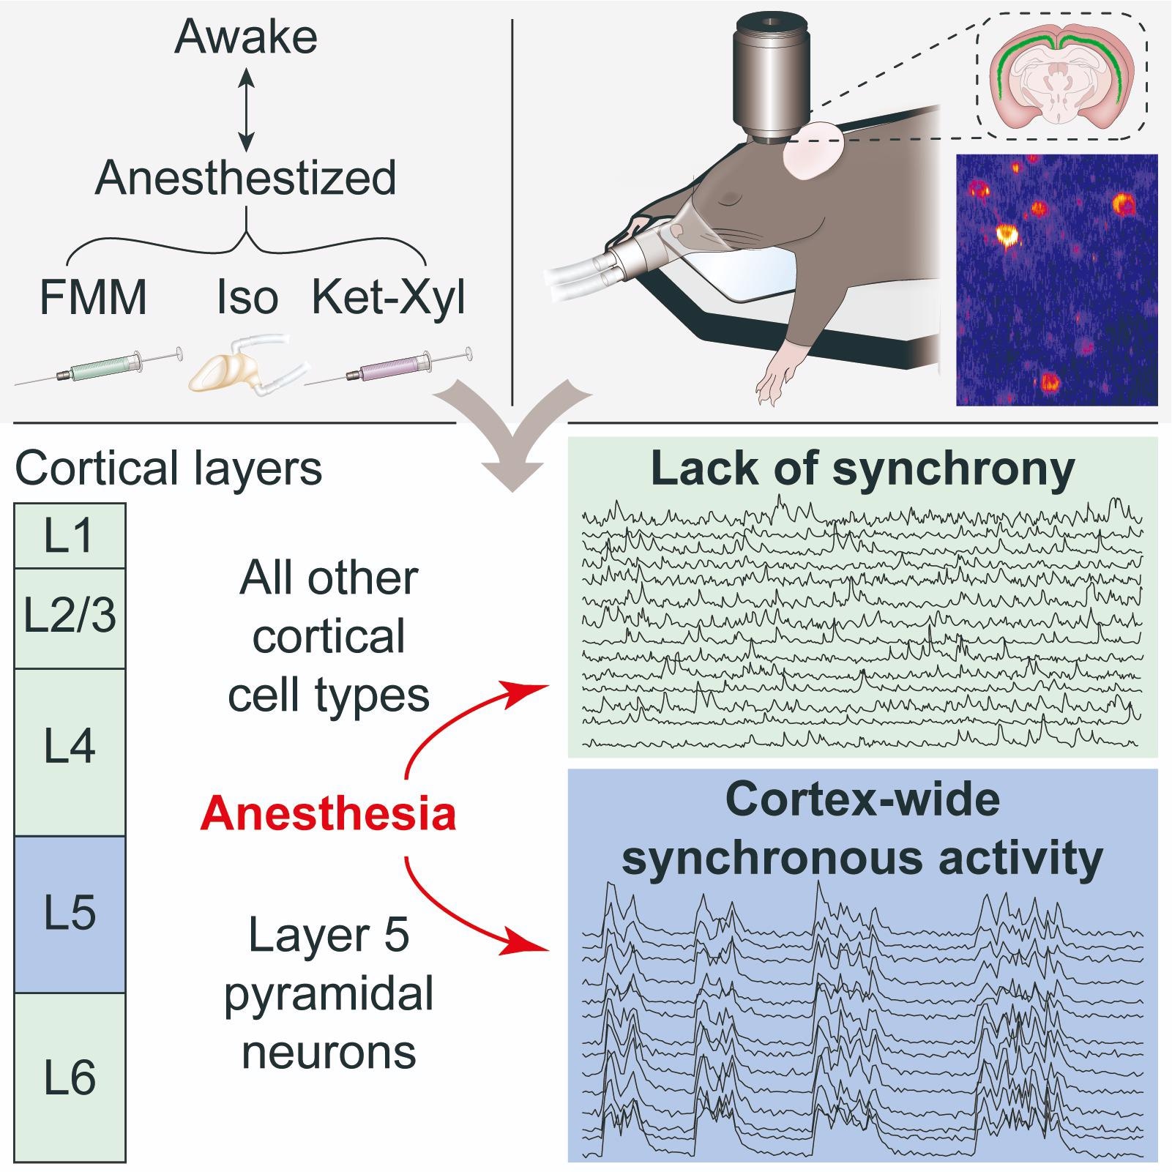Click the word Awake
pos(246,37)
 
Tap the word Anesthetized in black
pos(246,178)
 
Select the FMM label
pos(93,298)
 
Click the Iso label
pos(247,298)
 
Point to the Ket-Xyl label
pos(389,298)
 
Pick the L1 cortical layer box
pos(70,536)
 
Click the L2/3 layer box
pos(70,617)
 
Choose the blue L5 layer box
pos(70,914)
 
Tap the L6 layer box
pos(70,1077)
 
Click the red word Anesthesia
pos(329,814)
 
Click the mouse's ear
pos(813,151)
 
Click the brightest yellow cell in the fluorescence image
pos(1007,234)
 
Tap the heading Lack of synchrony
pos(862,469)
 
